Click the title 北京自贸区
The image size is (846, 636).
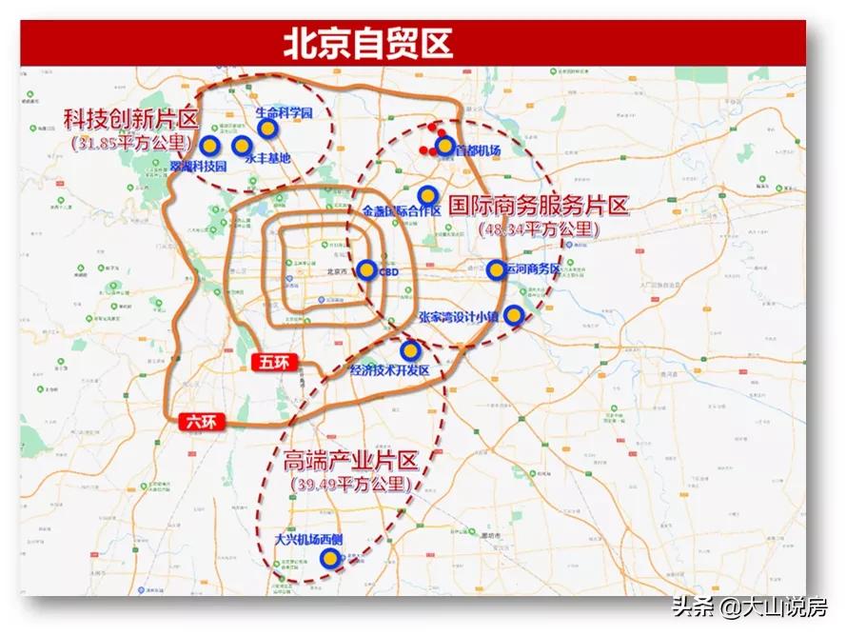367,43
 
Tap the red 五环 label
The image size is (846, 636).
276,361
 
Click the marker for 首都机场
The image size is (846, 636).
444,146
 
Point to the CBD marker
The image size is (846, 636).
366,270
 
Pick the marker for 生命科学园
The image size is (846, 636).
268,128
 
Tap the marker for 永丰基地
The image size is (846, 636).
241,146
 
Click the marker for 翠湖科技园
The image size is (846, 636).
210,146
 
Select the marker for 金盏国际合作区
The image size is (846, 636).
427,195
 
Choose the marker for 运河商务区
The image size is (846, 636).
496,269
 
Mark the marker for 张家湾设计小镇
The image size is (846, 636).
514,315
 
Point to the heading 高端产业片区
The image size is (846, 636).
350,462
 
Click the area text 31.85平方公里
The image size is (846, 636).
131,144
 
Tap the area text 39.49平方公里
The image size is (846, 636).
350,484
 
